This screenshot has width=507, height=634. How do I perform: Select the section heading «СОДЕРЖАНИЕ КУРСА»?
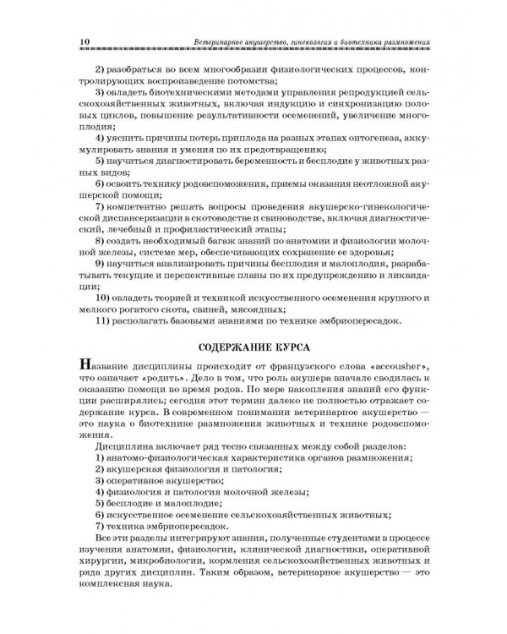pos(253,347)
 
